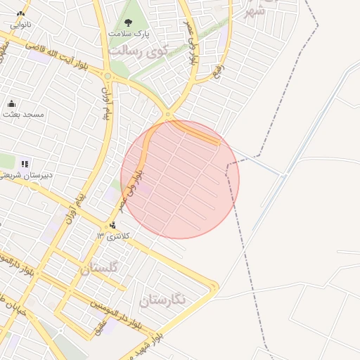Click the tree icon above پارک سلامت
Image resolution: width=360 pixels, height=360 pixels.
(127, 22)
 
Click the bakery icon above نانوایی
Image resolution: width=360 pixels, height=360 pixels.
(20, 13)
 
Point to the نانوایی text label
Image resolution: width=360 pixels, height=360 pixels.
(20, 24)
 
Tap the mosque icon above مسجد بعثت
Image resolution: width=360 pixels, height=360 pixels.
(11, 103)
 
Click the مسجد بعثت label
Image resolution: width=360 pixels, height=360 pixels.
(23, 113)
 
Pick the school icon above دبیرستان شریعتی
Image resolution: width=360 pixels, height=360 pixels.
(25, 164)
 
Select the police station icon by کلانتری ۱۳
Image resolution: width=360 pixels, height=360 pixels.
(114, 225)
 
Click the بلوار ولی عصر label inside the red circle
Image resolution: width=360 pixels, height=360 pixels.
(131, 186)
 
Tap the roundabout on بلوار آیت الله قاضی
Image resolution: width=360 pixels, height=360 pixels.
(108, 75)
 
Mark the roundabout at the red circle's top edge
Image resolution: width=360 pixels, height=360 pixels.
(167, 114)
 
